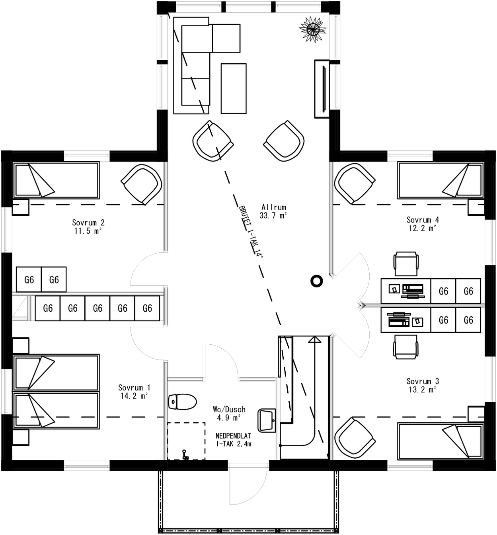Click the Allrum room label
[274, 207]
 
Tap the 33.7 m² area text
[273, 216]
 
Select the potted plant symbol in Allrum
[312, 28]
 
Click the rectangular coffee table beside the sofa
[234, 88]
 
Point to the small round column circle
[316, 281]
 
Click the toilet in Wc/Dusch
[182, 402]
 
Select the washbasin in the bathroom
[267, 420]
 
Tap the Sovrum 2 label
[88, 223]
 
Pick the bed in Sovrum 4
[441, 180]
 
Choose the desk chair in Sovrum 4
[406, 264]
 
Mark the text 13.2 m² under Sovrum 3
[423, 390]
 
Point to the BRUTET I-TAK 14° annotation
[251, 232]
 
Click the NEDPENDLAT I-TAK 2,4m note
[234, 440]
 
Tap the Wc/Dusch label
[229, 409]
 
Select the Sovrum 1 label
[134, 387]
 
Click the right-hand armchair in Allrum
[284, 141]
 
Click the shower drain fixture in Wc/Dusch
[185, 455]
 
